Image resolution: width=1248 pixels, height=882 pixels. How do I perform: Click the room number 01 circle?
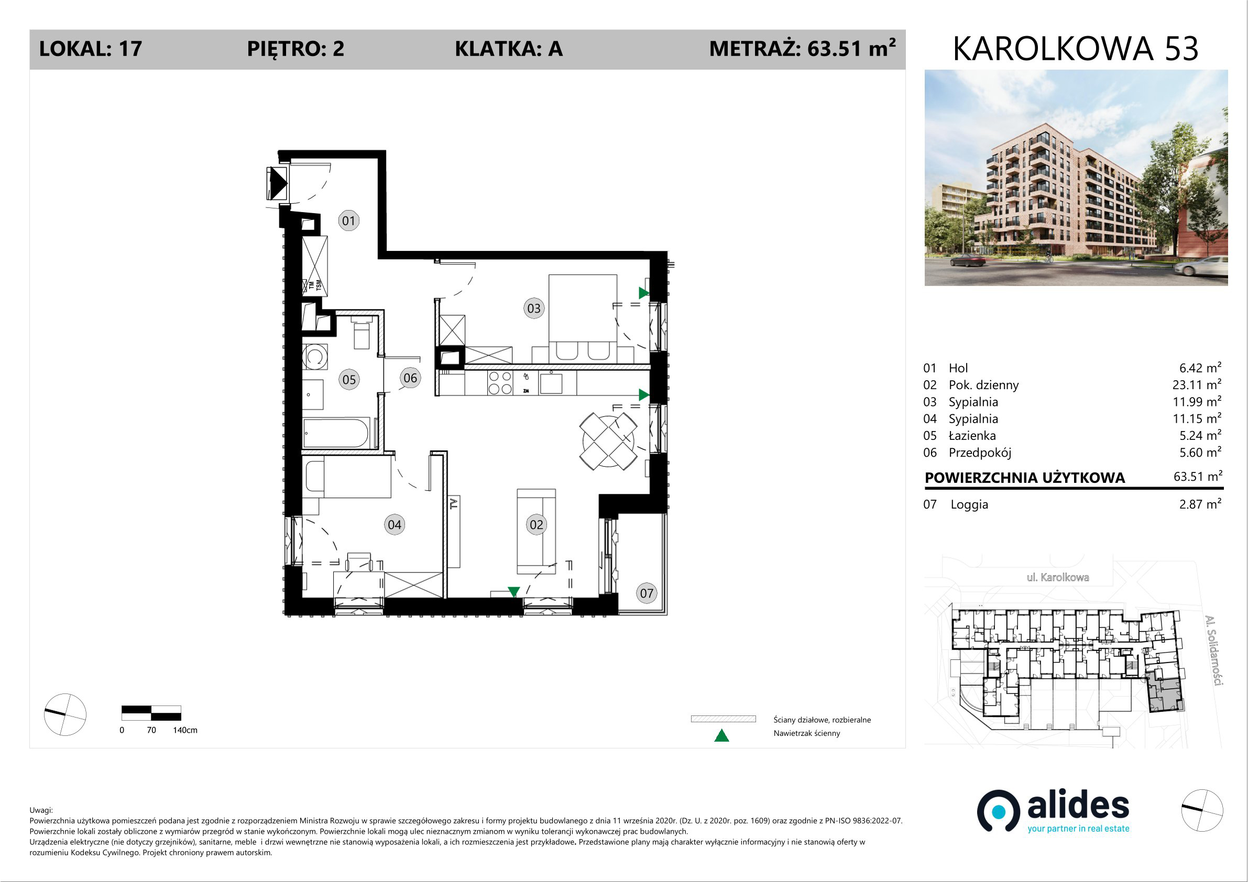(348, 220)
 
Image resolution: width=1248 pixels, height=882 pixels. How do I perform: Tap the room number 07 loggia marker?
(647, 593)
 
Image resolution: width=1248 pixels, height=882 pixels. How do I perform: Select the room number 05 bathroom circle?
(349, 379)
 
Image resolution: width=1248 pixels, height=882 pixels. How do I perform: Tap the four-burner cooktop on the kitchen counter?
(500, 382)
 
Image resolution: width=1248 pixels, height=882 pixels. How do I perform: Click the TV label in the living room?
(454, 504)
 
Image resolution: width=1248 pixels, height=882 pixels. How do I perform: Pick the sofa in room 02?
(536, 532)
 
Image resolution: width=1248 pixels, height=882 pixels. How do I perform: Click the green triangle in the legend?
(721, 736)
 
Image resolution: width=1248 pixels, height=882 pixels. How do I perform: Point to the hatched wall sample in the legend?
(723, 719)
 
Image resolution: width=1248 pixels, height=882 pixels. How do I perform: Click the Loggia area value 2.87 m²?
(1200, 504)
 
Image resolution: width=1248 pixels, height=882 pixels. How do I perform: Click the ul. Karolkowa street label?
(1057, 577)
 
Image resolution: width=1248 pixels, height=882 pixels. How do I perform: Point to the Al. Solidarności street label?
(1213, 651)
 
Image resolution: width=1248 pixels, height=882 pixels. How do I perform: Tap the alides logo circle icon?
(998, 811)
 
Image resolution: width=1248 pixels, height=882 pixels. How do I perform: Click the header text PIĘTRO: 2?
(295, 49)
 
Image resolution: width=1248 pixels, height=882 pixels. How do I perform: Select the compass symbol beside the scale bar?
(64, 714)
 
